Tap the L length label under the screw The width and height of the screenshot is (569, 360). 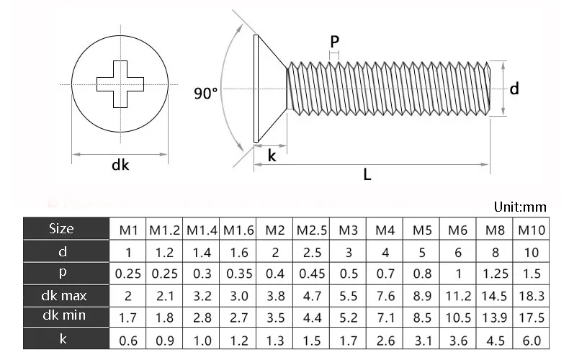pos(367,175)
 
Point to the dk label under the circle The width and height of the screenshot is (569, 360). pos(120,166)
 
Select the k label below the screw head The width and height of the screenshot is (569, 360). pos(272,156)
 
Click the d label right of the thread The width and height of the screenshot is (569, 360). pos(514,89)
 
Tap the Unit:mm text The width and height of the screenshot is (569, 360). pos(520,207)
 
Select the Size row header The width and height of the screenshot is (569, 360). pos(61,229)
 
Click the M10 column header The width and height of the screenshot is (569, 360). pos(532,230)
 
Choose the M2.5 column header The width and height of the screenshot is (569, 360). pos(312,230)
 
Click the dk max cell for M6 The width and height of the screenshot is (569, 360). pos(458,295)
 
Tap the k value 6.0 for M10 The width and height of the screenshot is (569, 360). pos(532,338)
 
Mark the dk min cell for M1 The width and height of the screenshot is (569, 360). pos(128,317)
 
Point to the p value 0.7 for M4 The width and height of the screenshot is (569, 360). pos(385,274)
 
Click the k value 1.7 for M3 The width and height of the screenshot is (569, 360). pos(349,338)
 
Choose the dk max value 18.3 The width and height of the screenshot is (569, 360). pos(532,295)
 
